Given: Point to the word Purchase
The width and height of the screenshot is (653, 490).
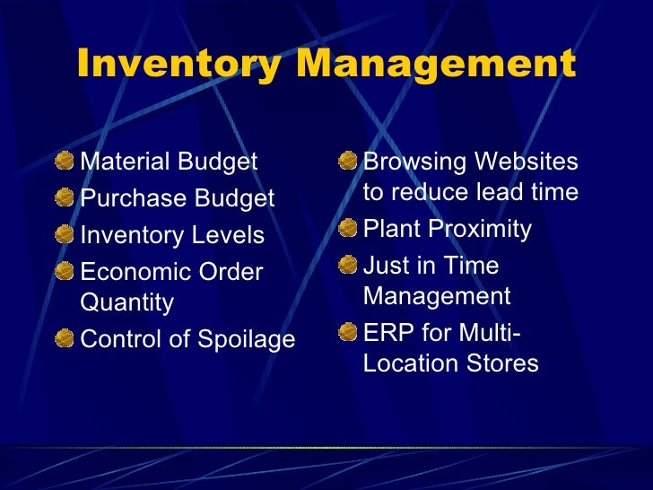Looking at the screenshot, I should point(123,198).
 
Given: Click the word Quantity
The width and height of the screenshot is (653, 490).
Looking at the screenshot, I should point(126,303).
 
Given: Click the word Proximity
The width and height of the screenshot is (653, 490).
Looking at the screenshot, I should point(483,230).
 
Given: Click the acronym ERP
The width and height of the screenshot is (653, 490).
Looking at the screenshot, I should point(386,334).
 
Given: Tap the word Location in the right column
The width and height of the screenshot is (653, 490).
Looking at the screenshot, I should point(411,363).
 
